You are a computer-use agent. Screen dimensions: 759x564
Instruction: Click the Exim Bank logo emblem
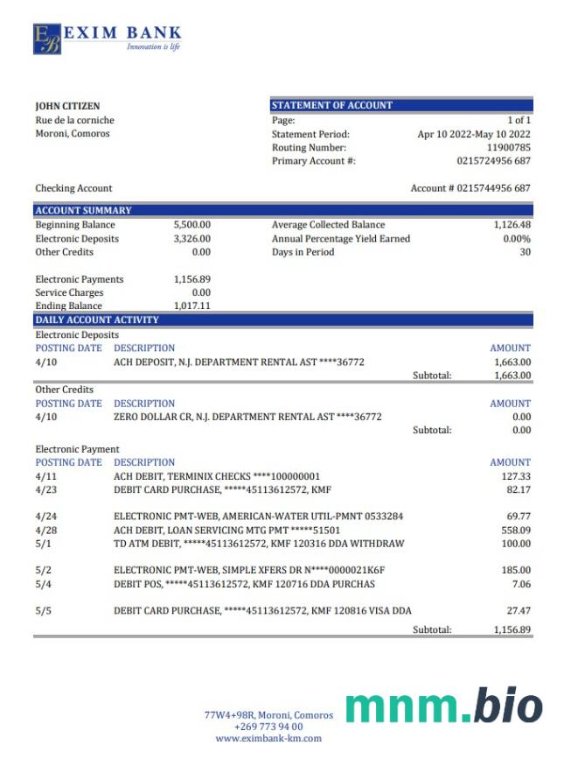pos(47,39)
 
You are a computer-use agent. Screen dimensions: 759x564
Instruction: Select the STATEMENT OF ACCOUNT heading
pos(332,105)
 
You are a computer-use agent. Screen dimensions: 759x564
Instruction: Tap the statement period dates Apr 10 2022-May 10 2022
pos(474,134)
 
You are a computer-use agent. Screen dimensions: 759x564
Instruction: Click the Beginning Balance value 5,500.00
pos(192,225)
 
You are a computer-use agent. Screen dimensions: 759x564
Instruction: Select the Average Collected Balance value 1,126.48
pos(512,225)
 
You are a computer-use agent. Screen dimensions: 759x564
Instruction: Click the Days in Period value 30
pos(525,252)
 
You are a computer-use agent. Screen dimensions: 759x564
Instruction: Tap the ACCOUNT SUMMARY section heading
pos(83,210)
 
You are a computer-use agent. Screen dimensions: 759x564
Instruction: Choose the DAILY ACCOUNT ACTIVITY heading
pos(97,320)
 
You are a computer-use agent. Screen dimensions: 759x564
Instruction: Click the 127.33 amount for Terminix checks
pos(513,476)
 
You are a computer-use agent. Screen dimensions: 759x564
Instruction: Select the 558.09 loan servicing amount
pos(513,531)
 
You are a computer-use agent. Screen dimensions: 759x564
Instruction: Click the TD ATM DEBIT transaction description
pos(259,544)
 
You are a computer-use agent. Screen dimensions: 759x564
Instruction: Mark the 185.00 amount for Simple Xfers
pos(513,571)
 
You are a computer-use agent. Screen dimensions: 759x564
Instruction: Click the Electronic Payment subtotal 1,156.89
pos(512,629)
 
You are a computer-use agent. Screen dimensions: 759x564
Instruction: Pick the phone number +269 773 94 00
pos(268,727)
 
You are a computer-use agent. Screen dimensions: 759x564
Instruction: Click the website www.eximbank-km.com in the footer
pos(268,738)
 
